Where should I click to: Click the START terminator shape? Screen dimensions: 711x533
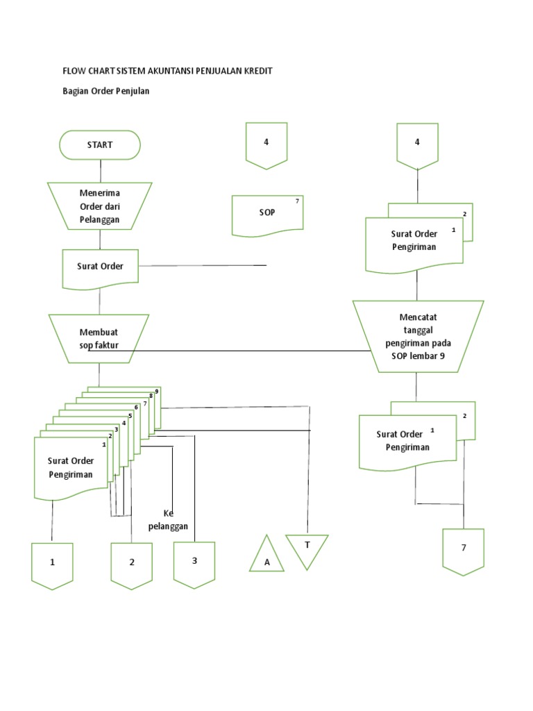click(x=100, y=145)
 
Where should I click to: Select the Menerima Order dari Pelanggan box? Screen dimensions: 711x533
click(x=100, y=206)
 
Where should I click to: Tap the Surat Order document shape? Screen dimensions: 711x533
click(x=100, y=267)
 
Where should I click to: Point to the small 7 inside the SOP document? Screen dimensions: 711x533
click(x=297, y=201)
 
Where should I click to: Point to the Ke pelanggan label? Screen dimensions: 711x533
click(x=168, y=520)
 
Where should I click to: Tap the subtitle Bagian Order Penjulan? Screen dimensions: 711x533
click(x=106, y=92)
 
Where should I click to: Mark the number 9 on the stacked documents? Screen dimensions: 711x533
click(x=157, y=392)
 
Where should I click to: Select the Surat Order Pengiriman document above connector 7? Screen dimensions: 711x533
click(x=409, y=441)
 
